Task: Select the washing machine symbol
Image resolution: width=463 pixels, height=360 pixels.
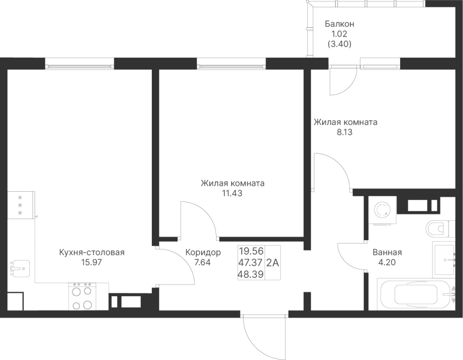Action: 382,209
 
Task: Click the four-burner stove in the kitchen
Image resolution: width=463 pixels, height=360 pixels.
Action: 83,297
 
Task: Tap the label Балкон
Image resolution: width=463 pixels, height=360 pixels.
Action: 340,24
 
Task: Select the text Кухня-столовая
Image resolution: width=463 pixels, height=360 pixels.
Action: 92,253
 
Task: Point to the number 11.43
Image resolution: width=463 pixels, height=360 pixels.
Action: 232,193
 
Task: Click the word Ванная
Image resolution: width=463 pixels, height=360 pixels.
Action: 387,253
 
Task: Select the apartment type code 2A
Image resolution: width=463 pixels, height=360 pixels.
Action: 273,263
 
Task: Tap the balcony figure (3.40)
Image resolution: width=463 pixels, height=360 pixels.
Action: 340,44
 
